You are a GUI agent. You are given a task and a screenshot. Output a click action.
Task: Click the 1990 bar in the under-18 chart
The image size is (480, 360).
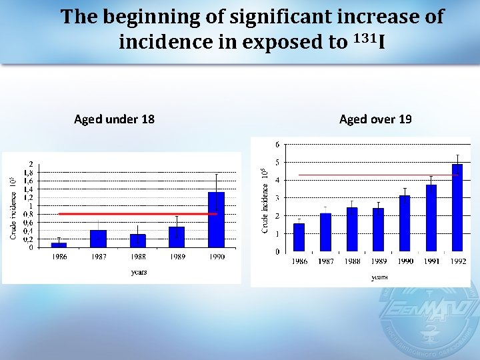pos(216,220)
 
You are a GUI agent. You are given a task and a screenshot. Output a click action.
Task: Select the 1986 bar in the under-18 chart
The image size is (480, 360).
pos(59,245)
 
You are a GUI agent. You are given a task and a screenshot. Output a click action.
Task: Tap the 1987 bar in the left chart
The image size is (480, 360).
pos(98,239)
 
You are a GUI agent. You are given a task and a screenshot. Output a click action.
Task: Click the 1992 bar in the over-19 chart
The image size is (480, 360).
pos(457,208)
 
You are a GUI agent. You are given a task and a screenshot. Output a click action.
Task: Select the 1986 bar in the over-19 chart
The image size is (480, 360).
pos(299,237)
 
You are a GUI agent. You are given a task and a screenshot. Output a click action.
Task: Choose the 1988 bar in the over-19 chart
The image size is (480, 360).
pos(352,229)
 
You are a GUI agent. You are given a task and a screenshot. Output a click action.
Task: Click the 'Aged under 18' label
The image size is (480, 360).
pos(114,119)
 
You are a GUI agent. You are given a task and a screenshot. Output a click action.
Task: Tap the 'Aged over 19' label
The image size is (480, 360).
pos(375,119)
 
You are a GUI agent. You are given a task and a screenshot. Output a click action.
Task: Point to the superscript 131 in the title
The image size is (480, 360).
pos(363,38)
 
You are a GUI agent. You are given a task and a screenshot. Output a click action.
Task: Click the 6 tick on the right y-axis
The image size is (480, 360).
pos(277,144)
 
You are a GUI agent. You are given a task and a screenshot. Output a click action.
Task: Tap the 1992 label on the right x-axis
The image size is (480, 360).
pos(457,261)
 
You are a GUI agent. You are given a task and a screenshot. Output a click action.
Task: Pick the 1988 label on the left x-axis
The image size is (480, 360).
pos(137,257)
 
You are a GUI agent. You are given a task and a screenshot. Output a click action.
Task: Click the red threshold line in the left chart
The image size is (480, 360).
pos(133,214)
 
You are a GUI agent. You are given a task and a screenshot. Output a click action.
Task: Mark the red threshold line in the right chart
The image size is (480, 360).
pos(373,175)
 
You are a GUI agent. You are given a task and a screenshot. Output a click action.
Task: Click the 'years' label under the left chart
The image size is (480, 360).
pos(138,272)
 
